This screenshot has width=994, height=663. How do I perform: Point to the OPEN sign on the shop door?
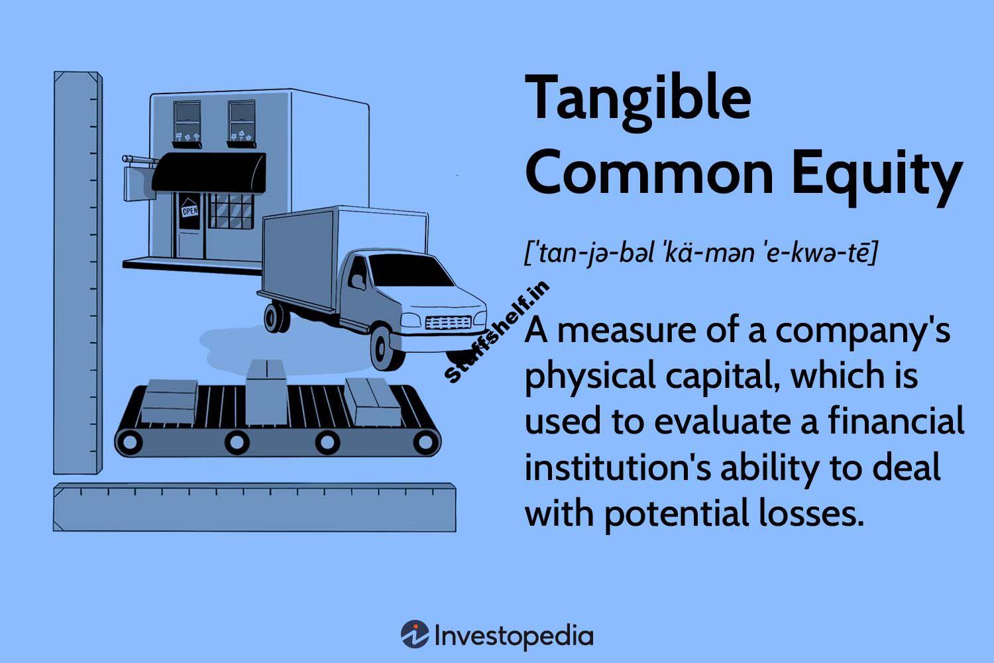click(190, 211)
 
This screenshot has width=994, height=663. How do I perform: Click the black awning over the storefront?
click(209, 172)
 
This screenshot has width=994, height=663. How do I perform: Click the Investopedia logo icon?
click(414, 634)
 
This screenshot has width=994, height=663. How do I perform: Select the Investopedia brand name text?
click(514, 635)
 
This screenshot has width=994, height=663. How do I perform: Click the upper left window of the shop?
click(187, 119)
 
